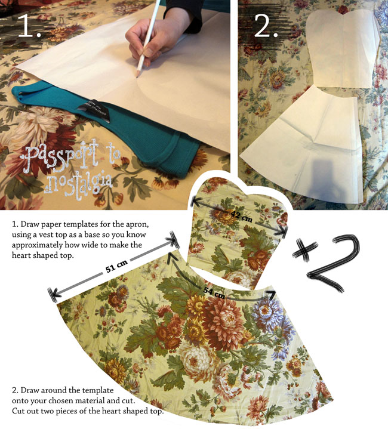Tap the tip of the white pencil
click(137, 76)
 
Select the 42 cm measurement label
click(241, 216)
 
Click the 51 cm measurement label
click(116, 266)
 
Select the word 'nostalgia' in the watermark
click(78, 184)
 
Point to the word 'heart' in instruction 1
click(20, 255)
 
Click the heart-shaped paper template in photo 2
click(343, 48)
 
